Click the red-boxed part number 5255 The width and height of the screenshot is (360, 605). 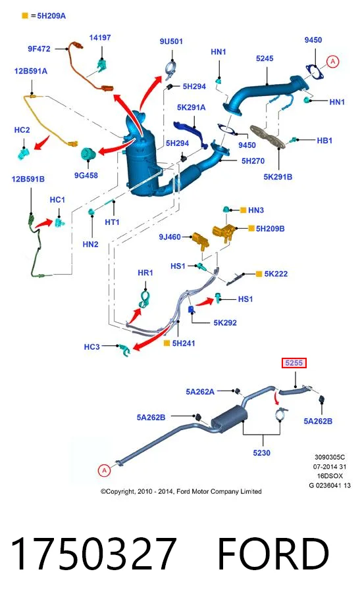(x=294, y=363)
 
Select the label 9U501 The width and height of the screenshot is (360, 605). (x=171, y=41)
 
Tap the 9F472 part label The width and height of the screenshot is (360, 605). (x=39, y=49)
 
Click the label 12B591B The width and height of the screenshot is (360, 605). (x=28, y=179)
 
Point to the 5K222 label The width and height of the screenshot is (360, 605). (x=276, y=274)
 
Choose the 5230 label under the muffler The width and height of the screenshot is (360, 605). (x=261, y=452)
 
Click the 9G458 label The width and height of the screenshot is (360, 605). (x=86, y=175)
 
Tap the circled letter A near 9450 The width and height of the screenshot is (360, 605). (x=332, y=61)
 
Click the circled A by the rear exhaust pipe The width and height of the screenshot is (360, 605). (x=104, y=470)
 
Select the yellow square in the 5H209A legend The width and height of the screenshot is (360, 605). (x=25, y=16)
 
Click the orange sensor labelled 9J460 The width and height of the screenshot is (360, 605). (x=201, y=241)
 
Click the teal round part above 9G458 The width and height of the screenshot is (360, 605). (x=88, y=155)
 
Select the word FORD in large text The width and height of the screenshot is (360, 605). (x=273, y=553)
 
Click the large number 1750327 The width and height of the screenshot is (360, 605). (x=93, y=553)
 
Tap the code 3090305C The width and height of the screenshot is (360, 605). (x=330, y=457)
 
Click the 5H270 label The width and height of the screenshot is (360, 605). (x=253, y=161)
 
